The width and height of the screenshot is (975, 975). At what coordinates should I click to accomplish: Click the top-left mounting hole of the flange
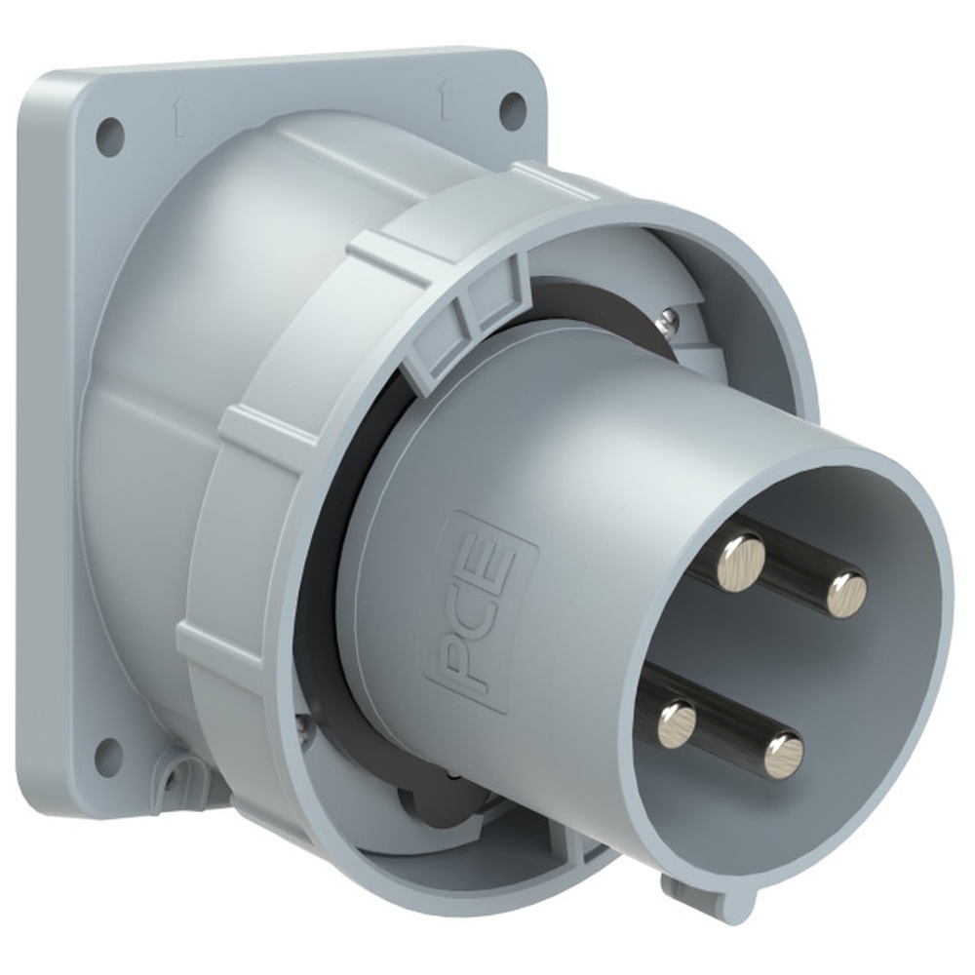pos(108,132)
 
